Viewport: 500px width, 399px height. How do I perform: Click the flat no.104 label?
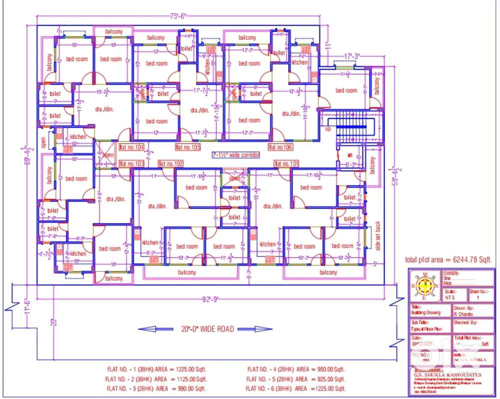[x=131, y=147]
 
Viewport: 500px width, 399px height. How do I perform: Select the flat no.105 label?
[x=188, y=147]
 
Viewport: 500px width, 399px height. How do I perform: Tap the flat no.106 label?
[x=280, y=147]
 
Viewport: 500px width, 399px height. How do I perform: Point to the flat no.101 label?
[x=286, y=163]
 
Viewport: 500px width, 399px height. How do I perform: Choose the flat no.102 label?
[x=171, y=163]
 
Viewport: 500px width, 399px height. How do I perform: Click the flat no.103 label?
[x=132, y=163]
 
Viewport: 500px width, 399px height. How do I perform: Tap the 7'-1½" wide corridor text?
[x=235, y=155]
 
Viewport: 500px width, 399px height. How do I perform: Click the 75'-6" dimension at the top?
[x=177, y=16]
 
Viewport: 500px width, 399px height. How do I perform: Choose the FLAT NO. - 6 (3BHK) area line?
[x=295, y=388]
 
